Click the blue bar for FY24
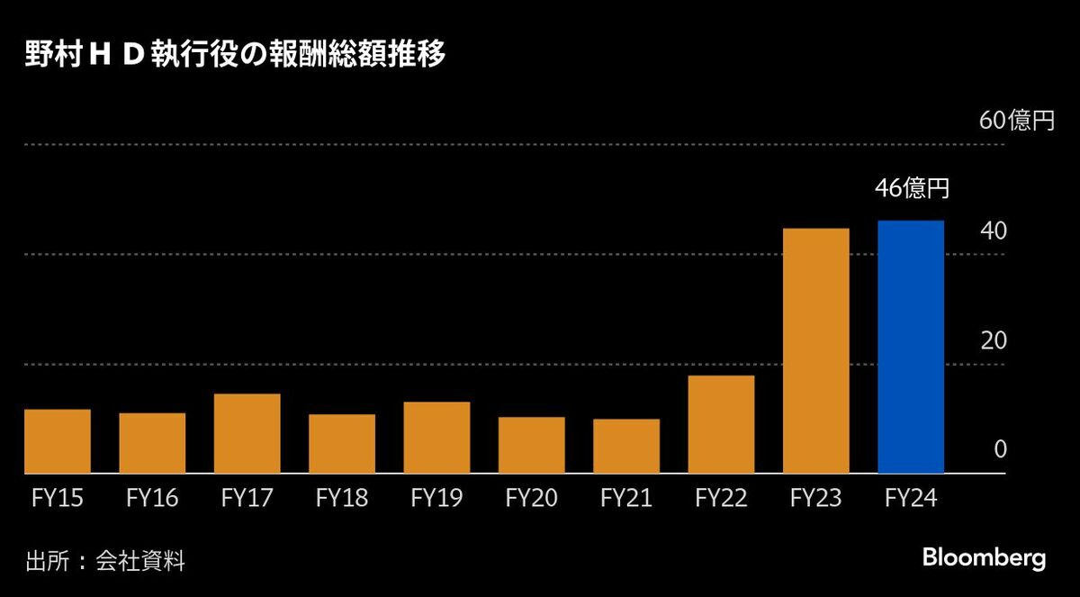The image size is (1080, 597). click(x=911, y=347)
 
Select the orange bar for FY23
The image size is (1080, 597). click(x=816, y=351)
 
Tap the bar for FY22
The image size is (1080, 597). click(x=721, y=424)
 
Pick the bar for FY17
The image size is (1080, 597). click(x=247, y=433)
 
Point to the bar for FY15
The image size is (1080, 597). click(x=58, y=441)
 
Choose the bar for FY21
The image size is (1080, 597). click(x=626, y=446)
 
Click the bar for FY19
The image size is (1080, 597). click(x=436, y=438)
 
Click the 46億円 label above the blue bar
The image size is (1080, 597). click(x=912, y=189)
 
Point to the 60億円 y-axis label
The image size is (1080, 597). click(x=1016, y=122)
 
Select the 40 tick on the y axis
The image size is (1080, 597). click(x=994, y=231)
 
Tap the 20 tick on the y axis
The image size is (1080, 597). click(x=994, y=341)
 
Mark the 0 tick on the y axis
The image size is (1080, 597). click(x=999, y=450)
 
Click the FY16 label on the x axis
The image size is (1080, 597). click(x=152, y=498)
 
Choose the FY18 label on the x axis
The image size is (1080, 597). click(x=342, y=498)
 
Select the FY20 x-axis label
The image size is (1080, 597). click(x=532, y=498)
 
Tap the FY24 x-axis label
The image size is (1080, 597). click(x=911, y=498)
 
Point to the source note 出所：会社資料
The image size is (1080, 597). click(x=105, y=563)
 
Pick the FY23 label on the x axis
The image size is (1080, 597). click(x=816, y=498)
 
